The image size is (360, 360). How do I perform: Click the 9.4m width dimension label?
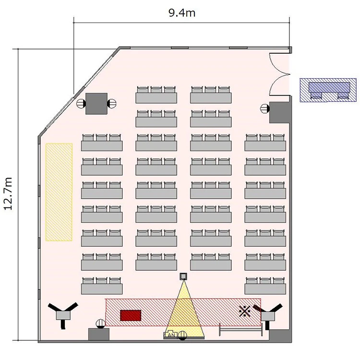tap(182, 12)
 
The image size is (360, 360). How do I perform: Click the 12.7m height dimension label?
tap(8, 193)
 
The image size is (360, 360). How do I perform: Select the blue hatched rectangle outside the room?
tap(328, 90)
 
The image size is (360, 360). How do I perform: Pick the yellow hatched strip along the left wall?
tap(59, 192)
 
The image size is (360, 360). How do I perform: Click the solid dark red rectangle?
tap(131, 315)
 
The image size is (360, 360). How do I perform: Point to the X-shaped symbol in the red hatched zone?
tap(244, 311)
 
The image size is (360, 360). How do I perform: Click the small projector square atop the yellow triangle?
tap(183, 276)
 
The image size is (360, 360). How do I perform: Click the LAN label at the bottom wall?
tap(170, 335)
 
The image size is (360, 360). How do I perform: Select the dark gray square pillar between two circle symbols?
tap(96, 104)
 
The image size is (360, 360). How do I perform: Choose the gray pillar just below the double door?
tap(280, 112)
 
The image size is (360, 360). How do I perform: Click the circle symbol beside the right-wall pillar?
tap(264, 108)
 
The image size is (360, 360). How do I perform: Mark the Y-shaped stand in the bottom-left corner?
tap(63, 313)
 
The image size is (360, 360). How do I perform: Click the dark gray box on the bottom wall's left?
tap(99, 334)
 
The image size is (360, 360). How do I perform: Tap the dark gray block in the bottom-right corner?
tap(280, 336)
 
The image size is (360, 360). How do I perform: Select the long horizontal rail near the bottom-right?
tap(240, 330)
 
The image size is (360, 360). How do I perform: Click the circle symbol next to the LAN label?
tap(182, 336)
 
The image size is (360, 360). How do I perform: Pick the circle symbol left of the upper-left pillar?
tap(81, 104)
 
